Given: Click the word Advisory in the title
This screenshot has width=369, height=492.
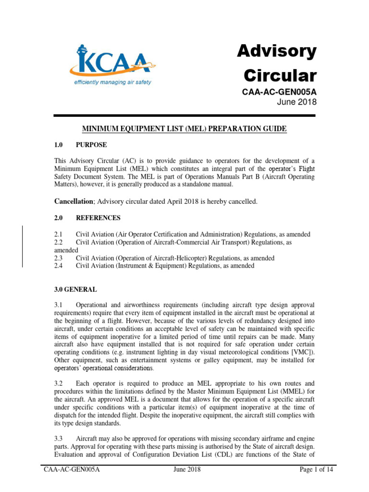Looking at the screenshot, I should click(x=277, y=51).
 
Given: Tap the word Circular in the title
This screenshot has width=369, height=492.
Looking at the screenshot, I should click(x=281, y=76).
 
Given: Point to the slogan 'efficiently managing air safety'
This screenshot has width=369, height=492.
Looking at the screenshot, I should click(x=112, y=82).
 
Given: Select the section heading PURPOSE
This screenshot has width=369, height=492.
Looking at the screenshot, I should click(x=91, y=145).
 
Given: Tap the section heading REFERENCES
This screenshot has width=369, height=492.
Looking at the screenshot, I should click(x=98, y=218).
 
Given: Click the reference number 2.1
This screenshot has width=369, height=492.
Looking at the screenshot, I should click(x=59, y=234).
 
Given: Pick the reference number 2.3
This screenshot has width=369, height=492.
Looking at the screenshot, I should click(x=59, y=258).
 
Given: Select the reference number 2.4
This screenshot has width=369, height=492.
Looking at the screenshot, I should click(x=59, y=266).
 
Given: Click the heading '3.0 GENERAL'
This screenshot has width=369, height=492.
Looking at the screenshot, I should click(x=75, y=290).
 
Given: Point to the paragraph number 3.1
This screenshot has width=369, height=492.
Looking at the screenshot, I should click(x=59, y=305).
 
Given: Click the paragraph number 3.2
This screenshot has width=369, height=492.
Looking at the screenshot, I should click(x=59, y=384).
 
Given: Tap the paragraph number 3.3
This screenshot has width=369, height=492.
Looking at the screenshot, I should click(x=59, y=439).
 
